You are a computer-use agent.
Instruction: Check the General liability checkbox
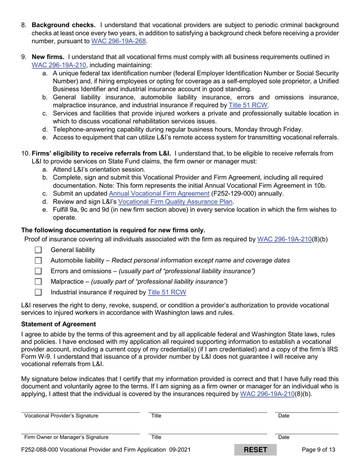[x=39, y=250]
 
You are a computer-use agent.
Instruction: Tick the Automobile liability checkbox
[x=39, y=261]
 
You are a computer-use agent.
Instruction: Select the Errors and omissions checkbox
[x=39, y=271]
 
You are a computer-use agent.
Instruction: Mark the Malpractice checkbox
[x=39, y=282]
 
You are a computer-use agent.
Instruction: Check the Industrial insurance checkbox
[x=39, y=292]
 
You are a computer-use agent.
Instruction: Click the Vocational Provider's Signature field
[x=80, y=408]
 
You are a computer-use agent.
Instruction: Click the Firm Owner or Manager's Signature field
[x=80, y=429]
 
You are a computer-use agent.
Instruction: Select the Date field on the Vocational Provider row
[x=307, y=408]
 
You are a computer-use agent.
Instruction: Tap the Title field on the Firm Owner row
[x=208, y=429]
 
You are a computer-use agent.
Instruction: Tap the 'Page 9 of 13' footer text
[x=318, y=450]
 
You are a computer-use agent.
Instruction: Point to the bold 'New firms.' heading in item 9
[x=47, y=57]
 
